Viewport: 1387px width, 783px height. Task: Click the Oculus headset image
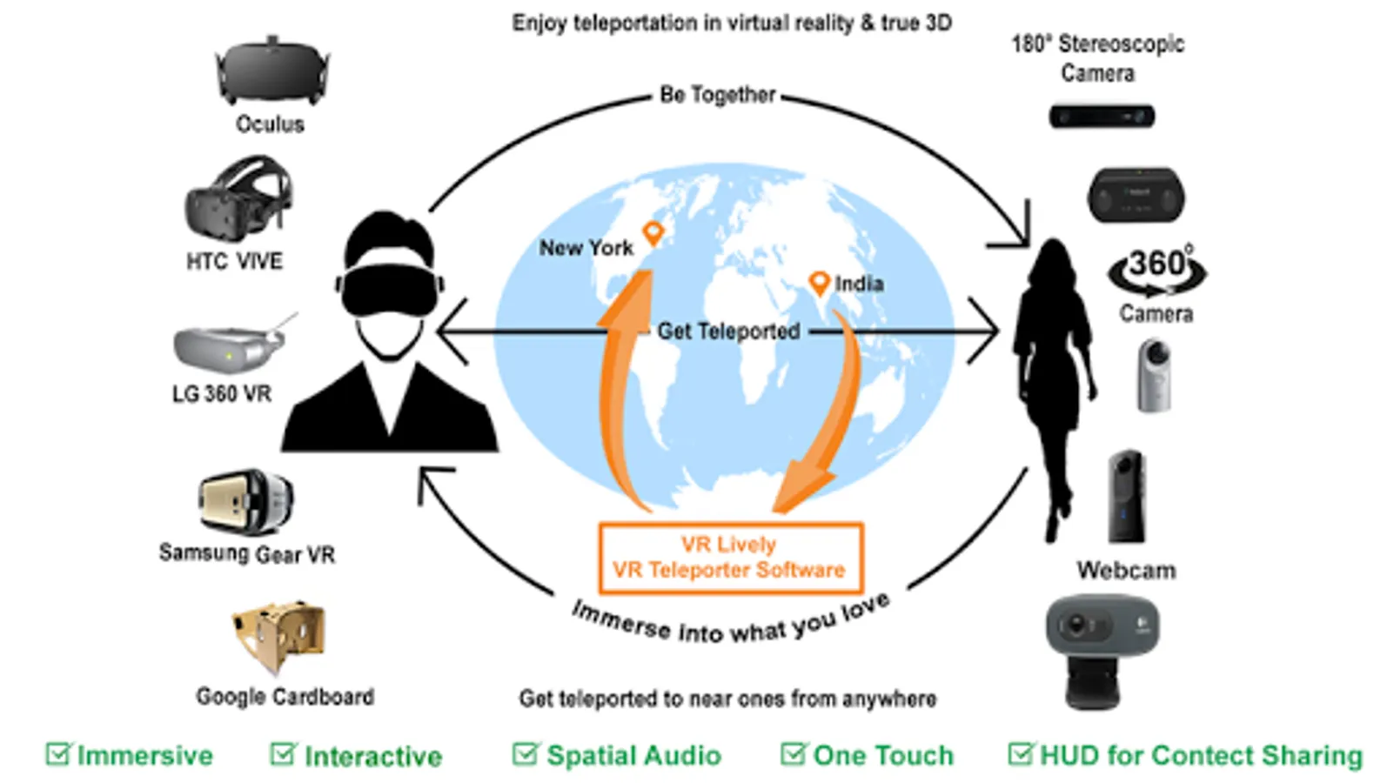coord(272,70)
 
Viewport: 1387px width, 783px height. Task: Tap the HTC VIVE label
coord(235,261)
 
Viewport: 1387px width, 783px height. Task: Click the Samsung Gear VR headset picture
coord(246,501)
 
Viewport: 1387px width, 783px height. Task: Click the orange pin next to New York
coord(653,234)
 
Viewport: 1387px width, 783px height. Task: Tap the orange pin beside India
coord(819,284)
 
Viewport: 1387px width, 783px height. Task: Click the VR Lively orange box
coord(731,558)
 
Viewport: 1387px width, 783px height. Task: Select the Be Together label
coord(718,95)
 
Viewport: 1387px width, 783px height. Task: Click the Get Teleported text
coord(728,331)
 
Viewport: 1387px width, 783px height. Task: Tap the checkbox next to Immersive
coord(59,753)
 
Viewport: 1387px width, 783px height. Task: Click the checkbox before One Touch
coord(794,753)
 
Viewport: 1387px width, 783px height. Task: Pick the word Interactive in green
coord(373,756)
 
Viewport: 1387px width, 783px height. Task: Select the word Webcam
coord(1126,570)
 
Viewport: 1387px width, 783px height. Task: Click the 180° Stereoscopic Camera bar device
coord(1102,117)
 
